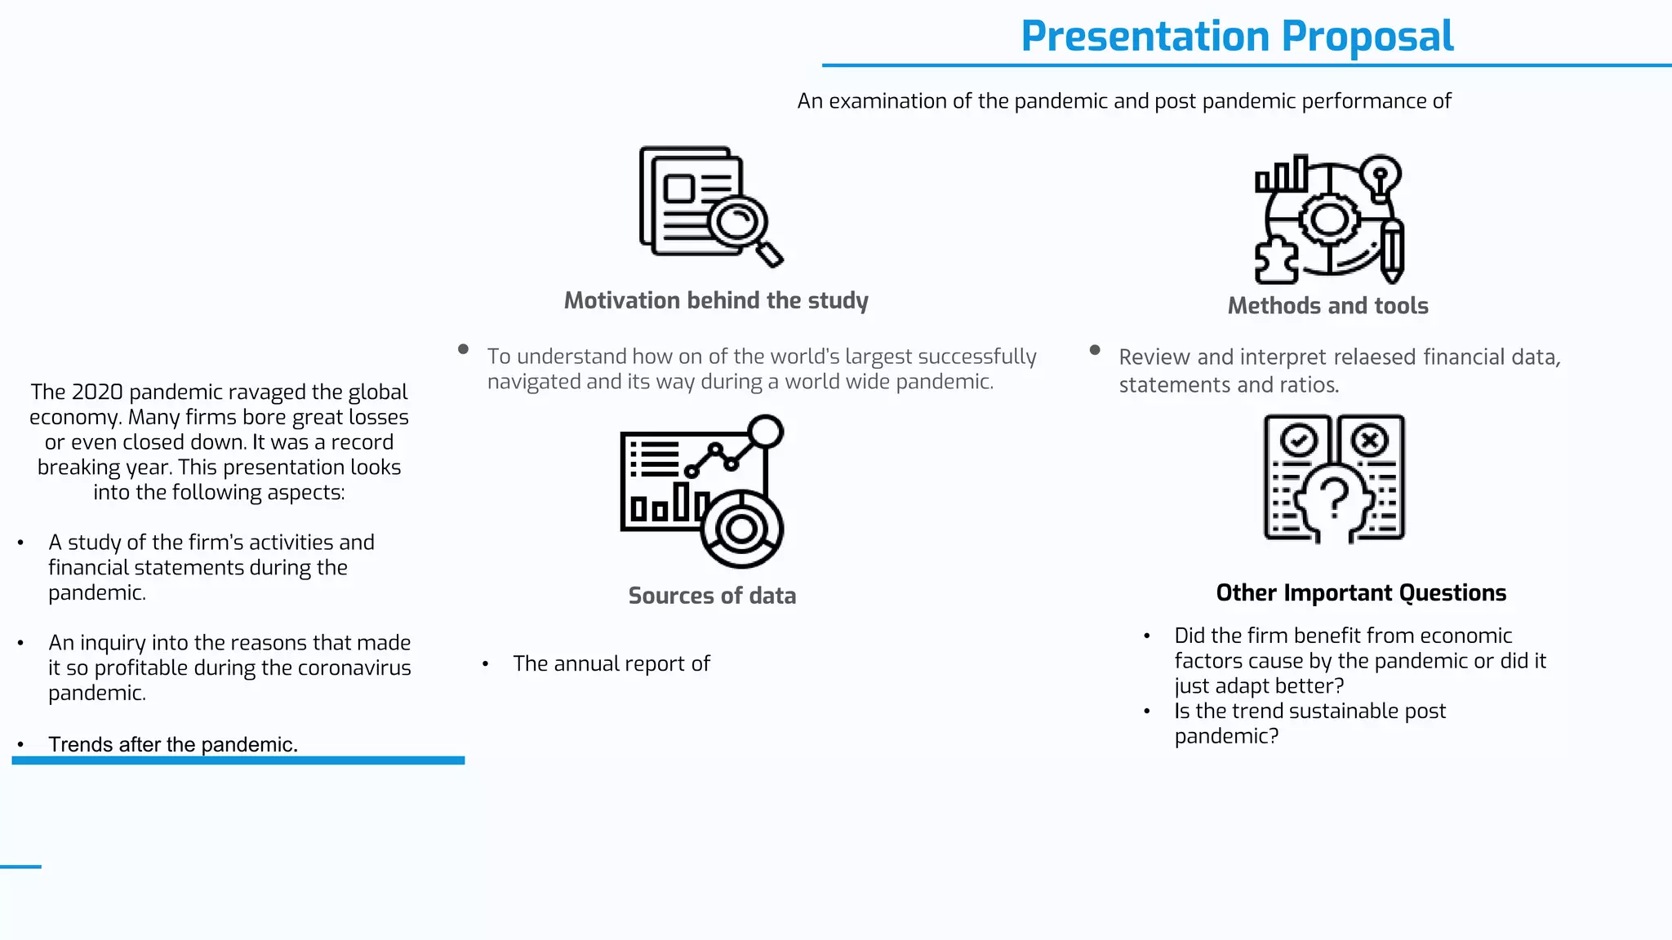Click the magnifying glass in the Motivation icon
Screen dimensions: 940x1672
[739, 220]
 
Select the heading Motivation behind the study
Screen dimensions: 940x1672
[716, 300]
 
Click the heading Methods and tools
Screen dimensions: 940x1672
[1327, 306]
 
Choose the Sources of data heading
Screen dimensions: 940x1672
[712, 596]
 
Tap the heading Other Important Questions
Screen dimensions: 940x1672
[1361, 592]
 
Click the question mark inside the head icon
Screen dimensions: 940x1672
[1335, 497]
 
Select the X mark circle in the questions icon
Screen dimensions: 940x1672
[1369, 441]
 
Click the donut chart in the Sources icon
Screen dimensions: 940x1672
[741, 530]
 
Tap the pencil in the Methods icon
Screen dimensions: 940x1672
[1392, 249]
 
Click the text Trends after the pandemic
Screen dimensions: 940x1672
[173, 744]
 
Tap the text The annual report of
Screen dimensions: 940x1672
[611, 664]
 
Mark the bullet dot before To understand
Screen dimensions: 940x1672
[463, 349]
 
